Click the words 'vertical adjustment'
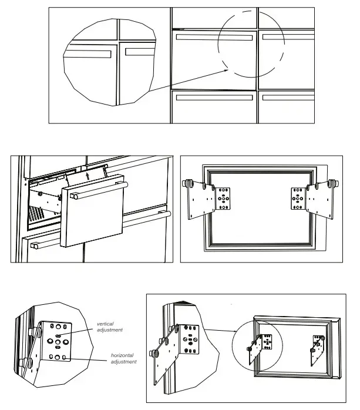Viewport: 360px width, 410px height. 110,327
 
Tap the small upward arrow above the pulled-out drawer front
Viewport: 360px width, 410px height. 88,174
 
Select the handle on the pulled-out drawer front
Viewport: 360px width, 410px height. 97,190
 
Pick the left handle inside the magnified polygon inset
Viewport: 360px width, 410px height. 88,53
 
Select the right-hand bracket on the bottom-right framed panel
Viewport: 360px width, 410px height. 317,346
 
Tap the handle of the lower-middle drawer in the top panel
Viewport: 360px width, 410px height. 213,97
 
